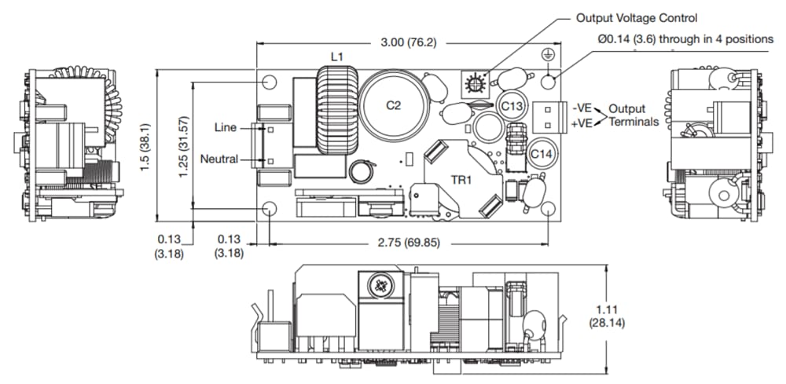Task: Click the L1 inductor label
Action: (336, 57)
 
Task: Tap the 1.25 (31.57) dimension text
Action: (183, 144)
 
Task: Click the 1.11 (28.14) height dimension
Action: (607, 316)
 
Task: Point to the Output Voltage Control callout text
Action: (637, 17)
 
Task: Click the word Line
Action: (226, 127)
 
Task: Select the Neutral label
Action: (219, 159)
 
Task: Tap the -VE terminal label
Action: (582, 108)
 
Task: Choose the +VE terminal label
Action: (582, 123)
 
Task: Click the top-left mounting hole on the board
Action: (270, 82)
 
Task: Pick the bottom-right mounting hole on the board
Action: (549, 209)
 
